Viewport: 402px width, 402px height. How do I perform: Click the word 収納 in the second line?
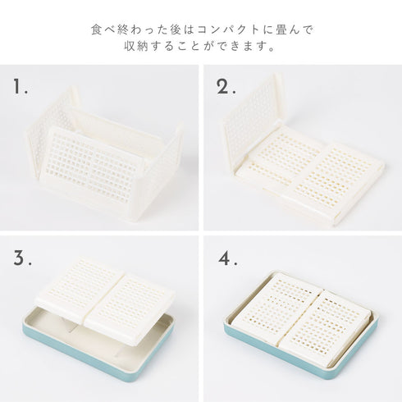point(141,47)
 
